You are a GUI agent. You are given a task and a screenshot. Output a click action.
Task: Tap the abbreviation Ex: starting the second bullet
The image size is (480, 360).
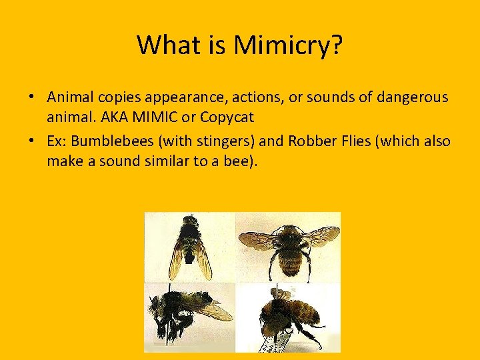pos(57,141)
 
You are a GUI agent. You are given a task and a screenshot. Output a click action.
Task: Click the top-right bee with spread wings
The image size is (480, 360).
pos(289,245)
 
